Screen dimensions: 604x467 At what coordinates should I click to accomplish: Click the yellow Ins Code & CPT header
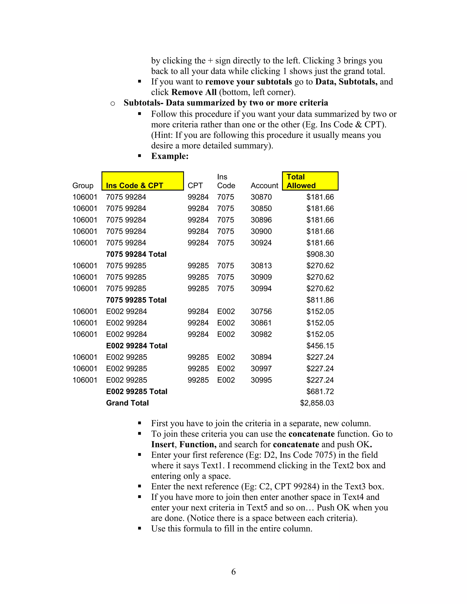(x=143, y=181)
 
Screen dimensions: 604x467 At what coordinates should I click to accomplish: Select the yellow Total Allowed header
(x=310, y=181)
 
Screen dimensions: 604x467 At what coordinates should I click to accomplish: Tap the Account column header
(x=264, y=186)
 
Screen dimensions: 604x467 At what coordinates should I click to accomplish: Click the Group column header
(x=83, y=186)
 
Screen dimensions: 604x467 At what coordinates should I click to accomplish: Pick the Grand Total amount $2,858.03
(x=317, y=403)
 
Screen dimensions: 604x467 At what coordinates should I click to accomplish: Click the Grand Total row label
(x=127, y=403)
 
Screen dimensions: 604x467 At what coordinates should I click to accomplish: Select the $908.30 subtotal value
(x=320, y=254)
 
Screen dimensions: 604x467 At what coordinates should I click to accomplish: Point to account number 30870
(x=261, y=197)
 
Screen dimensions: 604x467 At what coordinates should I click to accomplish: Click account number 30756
(x=261, y=311)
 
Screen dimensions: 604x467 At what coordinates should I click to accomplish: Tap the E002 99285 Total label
(x=137, y=391)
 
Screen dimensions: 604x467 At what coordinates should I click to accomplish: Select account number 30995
(x=261, y=380)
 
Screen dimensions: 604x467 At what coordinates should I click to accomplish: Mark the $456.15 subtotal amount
(x=320, y=346)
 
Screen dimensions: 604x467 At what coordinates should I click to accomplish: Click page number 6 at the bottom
(x=233, y=571)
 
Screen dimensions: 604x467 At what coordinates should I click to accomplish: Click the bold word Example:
(x=170, y=156)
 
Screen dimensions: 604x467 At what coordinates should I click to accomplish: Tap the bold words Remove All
(x=194, y=92)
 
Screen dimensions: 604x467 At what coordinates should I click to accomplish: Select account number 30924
(x=261, y=243)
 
